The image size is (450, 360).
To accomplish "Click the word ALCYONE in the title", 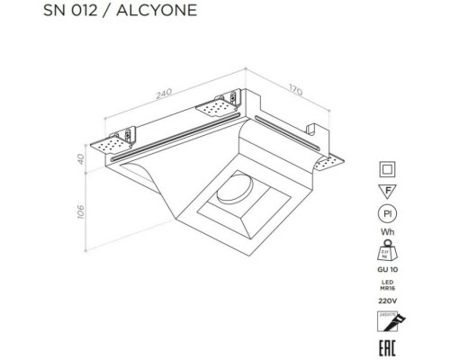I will coord(160,11).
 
